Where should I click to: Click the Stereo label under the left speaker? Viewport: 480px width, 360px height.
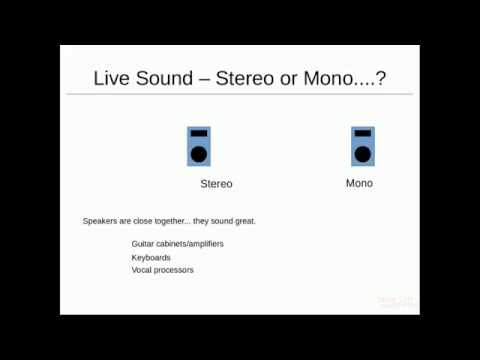[216, 184]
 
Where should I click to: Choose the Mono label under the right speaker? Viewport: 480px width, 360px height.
[359, 183]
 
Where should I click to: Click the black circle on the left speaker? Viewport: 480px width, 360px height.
[199, 154]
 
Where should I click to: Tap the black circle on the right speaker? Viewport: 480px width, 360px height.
[362, 154]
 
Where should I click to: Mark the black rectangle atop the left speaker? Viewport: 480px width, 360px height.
[199, 133]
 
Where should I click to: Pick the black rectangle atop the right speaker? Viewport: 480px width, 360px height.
[362, 133]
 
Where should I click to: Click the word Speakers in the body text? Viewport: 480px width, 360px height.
[100, 220]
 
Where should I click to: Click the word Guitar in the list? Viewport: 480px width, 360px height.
[143, 244]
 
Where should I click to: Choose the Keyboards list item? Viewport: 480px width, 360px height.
[151, 257]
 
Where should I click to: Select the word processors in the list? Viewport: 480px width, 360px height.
[174, 270]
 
